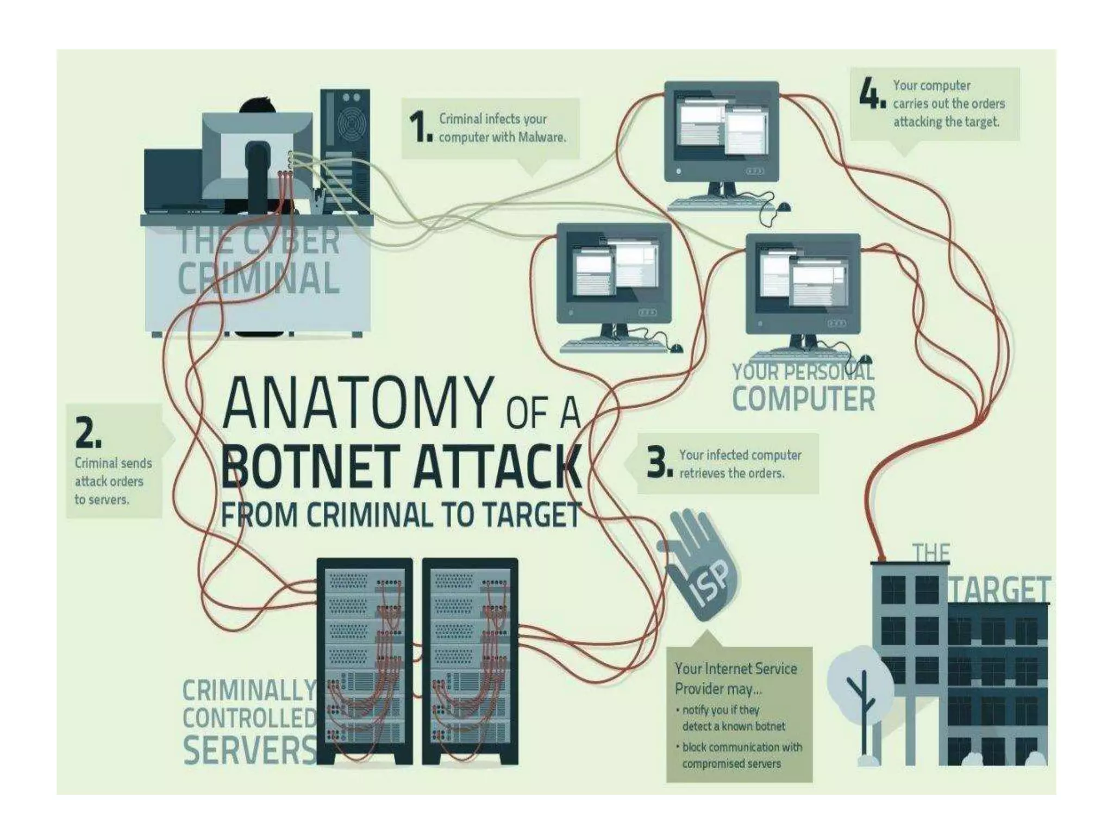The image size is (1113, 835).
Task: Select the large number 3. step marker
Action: [660, 463]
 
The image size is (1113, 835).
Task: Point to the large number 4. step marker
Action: [872, 94]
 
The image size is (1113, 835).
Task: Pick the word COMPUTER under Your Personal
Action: [803, 399]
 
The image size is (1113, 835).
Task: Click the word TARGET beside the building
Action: [999, 589]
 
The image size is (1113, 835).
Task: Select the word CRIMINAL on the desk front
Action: [259, 278]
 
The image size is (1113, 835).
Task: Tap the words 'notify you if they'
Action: [720, 710]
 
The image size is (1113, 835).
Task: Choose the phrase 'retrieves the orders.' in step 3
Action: [731, 473]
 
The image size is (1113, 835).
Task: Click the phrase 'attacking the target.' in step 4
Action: [946, 122]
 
